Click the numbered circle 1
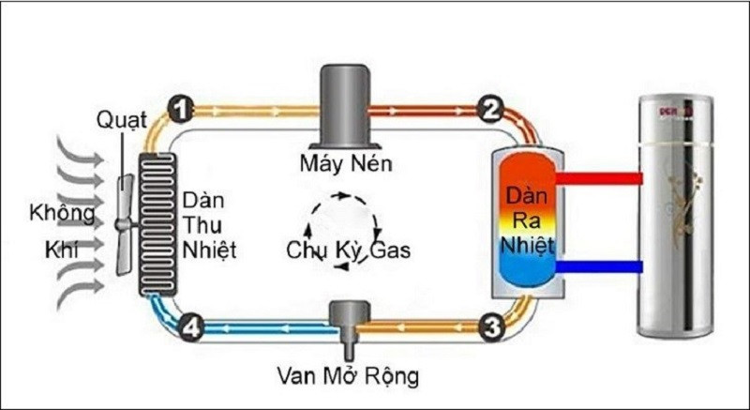[181, 109]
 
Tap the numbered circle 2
[487, 109]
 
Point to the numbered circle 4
[190, 327]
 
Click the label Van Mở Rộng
[348, 378]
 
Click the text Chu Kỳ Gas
[348, 251]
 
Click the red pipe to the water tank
[599, 178]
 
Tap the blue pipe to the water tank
[599, 267]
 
